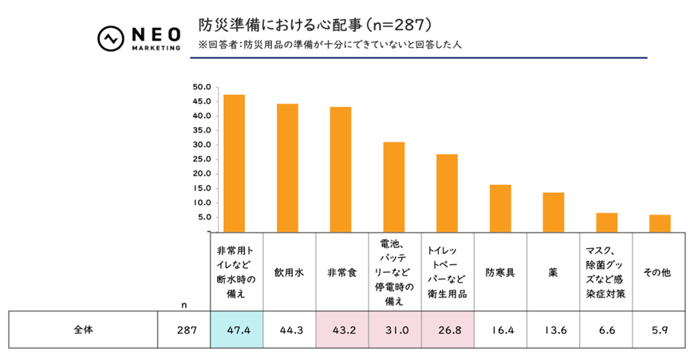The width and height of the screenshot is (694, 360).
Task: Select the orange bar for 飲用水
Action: click(287, 168)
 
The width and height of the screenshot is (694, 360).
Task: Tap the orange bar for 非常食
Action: click(341, 169)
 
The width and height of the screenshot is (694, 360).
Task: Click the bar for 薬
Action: click(554, 212)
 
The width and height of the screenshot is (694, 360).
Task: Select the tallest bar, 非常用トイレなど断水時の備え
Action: click(234, 163)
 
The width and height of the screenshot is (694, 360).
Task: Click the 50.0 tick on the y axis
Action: click(201, 87)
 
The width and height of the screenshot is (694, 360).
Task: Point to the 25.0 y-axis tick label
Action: click(201, 160)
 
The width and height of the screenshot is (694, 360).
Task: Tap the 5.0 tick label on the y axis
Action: click(203, 217)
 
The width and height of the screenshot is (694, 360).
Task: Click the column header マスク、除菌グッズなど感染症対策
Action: click(606, 272)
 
